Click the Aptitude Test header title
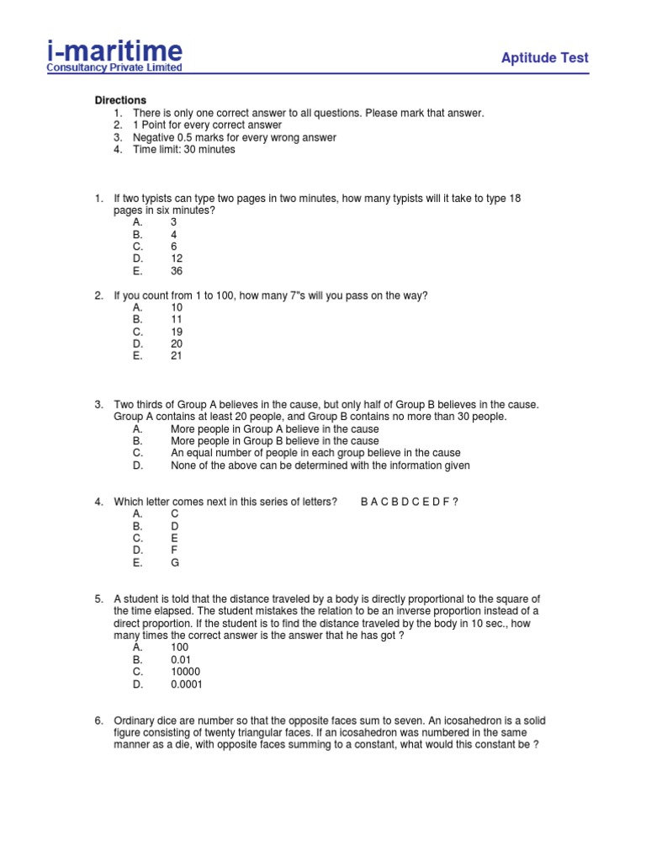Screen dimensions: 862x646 point(544,58)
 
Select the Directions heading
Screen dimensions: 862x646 point(119,100)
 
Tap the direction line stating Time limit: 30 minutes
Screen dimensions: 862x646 point(183,150)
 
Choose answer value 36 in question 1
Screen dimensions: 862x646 point(177,271)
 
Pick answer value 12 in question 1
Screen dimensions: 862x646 point(177,258)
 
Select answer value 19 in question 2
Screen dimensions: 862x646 point(177,332)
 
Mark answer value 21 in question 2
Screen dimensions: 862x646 point(177,356)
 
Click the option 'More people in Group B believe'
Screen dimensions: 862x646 point(274,441)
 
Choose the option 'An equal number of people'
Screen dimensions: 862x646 point(315,453)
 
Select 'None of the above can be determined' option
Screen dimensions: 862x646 point(320,466)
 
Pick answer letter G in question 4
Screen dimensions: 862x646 point(175,563)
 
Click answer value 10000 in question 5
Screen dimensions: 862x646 point(185,672)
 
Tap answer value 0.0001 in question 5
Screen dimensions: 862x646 point(187,684)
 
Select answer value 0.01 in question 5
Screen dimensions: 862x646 point(181,660)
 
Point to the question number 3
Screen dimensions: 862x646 point(98,405)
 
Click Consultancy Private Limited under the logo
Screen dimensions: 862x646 point(114,68)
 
